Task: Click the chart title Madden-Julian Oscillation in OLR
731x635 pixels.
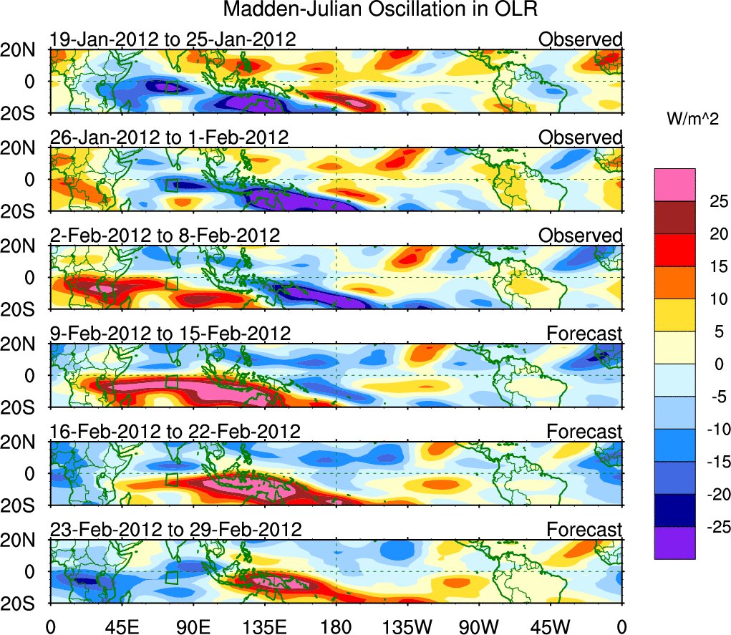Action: [x=380, y=10]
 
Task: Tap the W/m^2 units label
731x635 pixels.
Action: [x=692, y=120]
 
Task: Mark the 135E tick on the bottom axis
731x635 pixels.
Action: [x=264, y=626]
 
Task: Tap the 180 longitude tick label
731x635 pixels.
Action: [x=336, y=626]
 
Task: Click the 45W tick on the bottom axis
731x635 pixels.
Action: [x=551, y=626]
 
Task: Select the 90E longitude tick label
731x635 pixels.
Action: [x=193, y=626]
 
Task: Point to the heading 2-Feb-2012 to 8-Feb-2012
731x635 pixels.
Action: [x=165, y=236]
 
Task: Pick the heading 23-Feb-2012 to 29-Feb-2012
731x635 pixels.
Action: [x=175, y=530]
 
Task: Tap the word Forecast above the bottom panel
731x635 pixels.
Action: [x=584, y=530]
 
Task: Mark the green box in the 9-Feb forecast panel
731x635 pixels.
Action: [x=171, y=382]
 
